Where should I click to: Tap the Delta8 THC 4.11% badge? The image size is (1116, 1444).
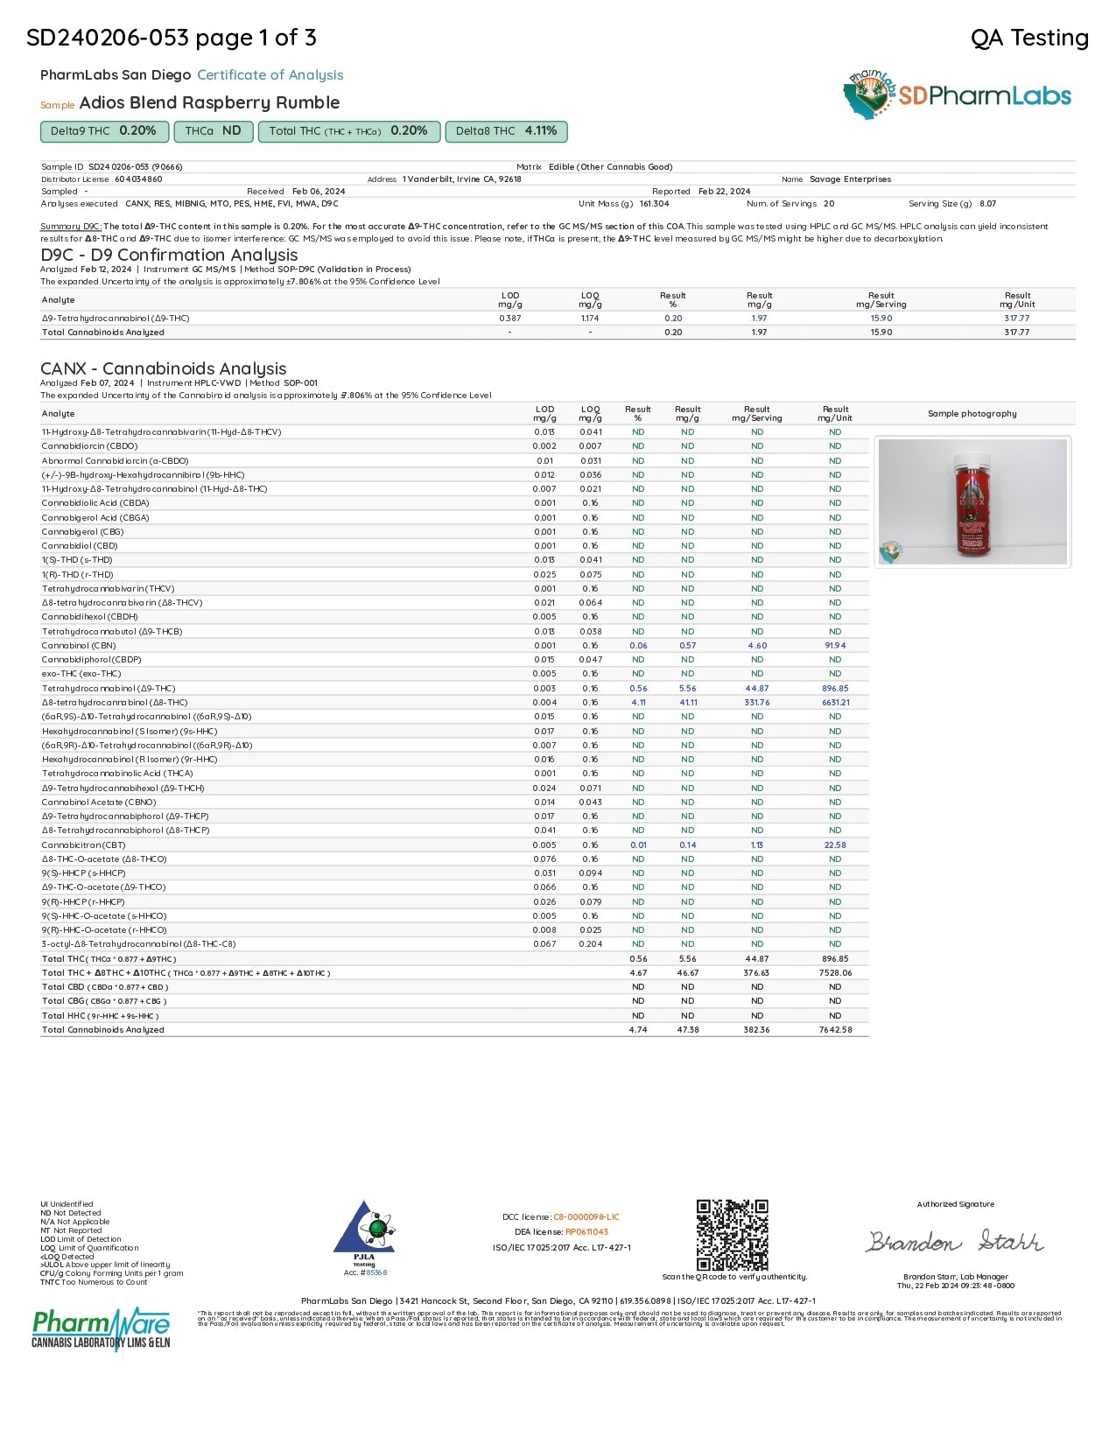pos(506,131)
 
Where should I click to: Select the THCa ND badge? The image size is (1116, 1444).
pos(213,131)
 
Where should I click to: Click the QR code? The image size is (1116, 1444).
pos(732,1235)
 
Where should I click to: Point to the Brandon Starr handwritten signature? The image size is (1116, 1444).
pos(954,1241)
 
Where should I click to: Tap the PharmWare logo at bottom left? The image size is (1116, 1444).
pos(101,1328)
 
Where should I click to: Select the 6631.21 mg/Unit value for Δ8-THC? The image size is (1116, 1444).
pos(835,702)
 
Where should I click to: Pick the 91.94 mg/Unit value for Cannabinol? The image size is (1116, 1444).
pos(835,645)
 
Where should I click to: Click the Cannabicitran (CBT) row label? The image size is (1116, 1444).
pos(84,845)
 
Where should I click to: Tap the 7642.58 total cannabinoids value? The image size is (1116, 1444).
pos(835,1029)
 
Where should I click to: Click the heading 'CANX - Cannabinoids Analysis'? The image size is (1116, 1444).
pos(164,368)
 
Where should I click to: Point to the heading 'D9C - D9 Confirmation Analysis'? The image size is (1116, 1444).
pos(169,255)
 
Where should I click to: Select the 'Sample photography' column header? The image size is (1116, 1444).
pos(972,413)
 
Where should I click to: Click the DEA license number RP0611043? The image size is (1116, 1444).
pos(586,1231)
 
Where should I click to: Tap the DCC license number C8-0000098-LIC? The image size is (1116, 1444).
pos(586,1216)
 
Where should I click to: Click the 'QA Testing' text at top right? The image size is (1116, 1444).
pos(1029,38)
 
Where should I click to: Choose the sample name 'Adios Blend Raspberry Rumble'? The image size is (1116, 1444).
pos(209,102)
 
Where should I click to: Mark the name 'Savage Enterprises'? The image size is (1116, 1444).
pos(850,179)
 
